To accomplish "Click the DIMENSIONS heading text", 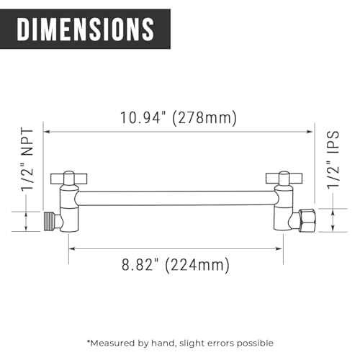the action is tap(86, 29).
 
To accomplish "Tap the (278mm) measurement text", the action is tap(204, 117).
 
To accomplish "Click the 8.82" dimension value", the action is tap(138, 265).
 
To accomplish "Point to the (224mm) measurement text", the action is tap(197, 265).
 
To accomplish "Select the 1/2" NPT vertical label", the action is tap(27, 160).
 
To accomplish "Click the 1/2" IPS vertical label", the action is tap(333, 160).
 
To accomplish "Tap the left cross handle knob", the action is tap(69, 178).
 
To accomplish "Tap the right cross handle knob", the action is tap(284, 178).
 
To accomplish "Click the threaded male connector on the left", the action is tap(50, 221).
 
